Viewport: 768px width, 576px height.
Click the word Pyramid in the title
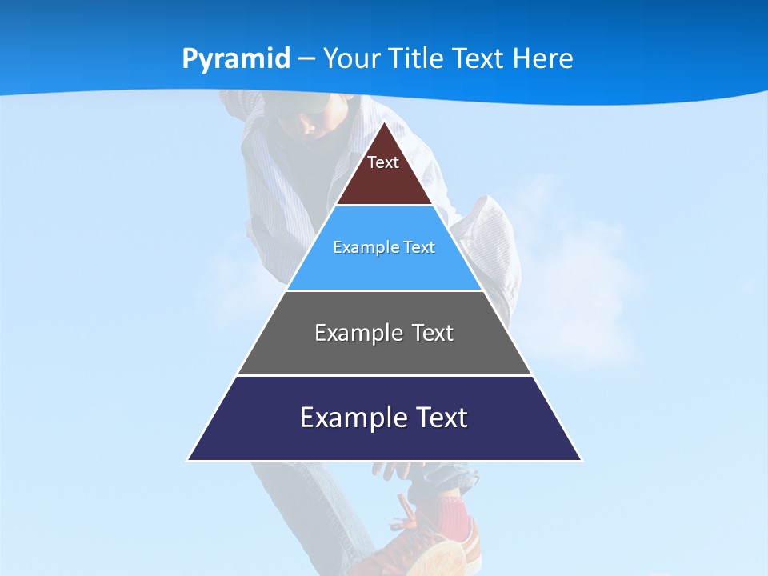tap(236, 59)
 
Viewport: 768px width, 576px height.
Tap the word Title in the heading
tap(418, 58)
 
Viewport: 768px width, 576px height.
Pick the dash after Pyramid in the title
tap(306, 59)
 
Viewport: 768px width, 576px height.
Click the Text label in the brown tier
tap(382, 162)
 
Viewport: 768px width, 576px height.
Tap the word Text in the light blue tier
tap(419, 247)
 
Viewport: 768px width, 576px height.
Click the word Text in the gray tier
tap(433, 333)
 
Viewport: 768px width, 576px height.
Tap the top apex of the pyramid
tap(384, 122)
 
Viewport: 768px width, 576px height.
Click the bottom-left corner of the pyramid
tap(189, 459)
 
